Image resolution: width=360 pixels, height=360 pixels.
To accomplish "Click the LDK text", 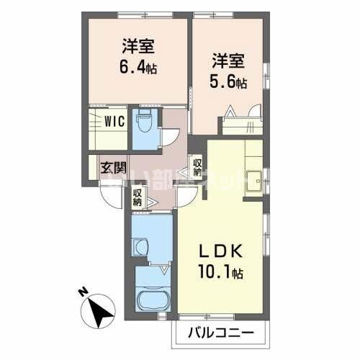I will pyautogui.click(x=222, y=253).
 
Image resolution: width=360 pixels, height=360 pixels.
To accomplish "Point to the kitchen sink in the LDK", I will pyautogui.click(x=254, y=176).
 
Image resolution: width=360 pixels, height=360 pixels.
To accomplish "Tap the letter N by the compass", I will pyautogui.click(x=83, y=292).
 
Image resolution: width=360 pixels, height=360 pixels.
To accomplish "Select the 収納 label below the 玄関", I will pyautogui.click(x=139, y=196).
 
